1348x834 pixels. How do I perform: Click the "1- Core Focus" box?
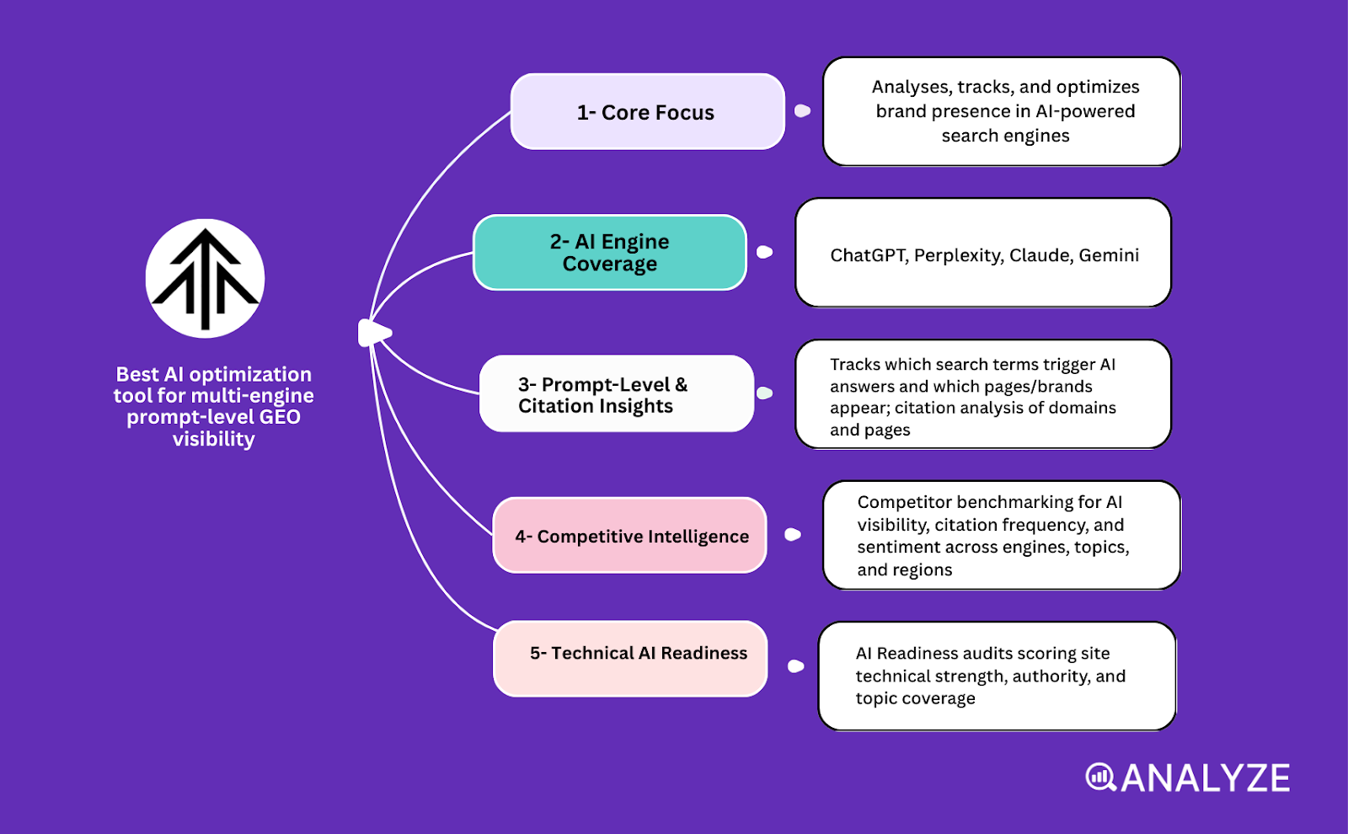[647, 112]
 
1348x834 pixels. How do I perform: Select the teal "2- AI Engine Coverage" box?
[609, 253]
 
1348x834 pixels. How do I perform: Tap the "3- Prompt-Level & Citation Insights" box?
[616, 394]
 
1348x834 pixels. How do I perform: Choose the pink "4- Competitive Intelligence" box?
[629, 536]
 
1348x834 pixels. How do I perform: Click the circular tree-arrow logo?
[205, 278]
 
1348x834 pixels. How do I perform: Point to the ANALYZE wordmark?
[1205, 778]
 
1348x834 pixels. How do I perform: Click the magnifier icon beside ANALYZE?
[1099, 777]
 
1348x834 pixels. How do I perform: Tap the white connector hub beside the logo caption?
[373, 334]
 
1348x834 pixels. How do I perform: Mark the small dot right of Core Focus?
[802, 111]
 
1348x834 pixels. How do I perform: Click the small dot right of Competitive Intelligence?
[792, 534]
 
